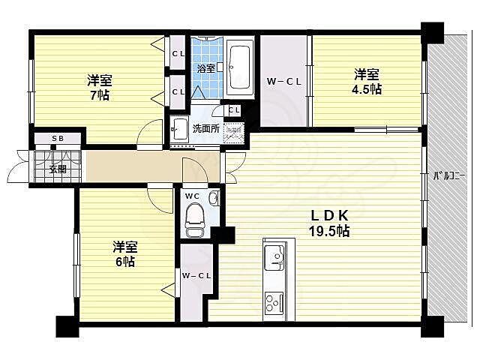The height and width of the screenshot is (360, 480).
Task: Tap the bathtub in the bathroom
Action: [x=240, y=67]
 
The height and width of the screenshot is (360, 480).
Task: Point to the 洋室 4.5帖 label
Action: [x=367, y=81]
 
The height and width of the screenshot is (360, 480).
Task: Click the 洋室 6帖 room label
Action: [x=124, y=253]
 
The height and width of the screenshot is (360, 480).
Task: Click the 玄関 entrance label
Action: [x=58, y=169]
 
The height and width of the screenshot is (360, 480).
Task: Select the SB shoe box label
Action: [x=58, y=139]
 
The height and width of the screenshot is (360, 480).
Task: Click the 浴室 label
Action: [x=205, y=67]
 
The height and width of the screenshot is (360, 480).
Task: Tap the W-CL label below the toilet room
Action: [x=196, y=276]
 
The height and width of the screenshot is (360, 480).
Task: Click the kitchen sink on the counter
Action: [x=274, y=259]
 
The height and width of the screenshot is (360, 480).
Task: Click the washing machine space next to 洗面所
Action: [x=235, y=132]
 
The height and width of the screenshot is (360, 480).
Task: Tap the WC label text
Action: [x=191, y=196]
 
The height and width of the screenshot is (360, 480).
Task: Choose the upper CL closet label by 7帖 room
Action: [x=178, y=53]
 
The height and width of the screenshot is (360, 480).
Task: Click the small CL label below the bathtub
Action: [x=234, y=111]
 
